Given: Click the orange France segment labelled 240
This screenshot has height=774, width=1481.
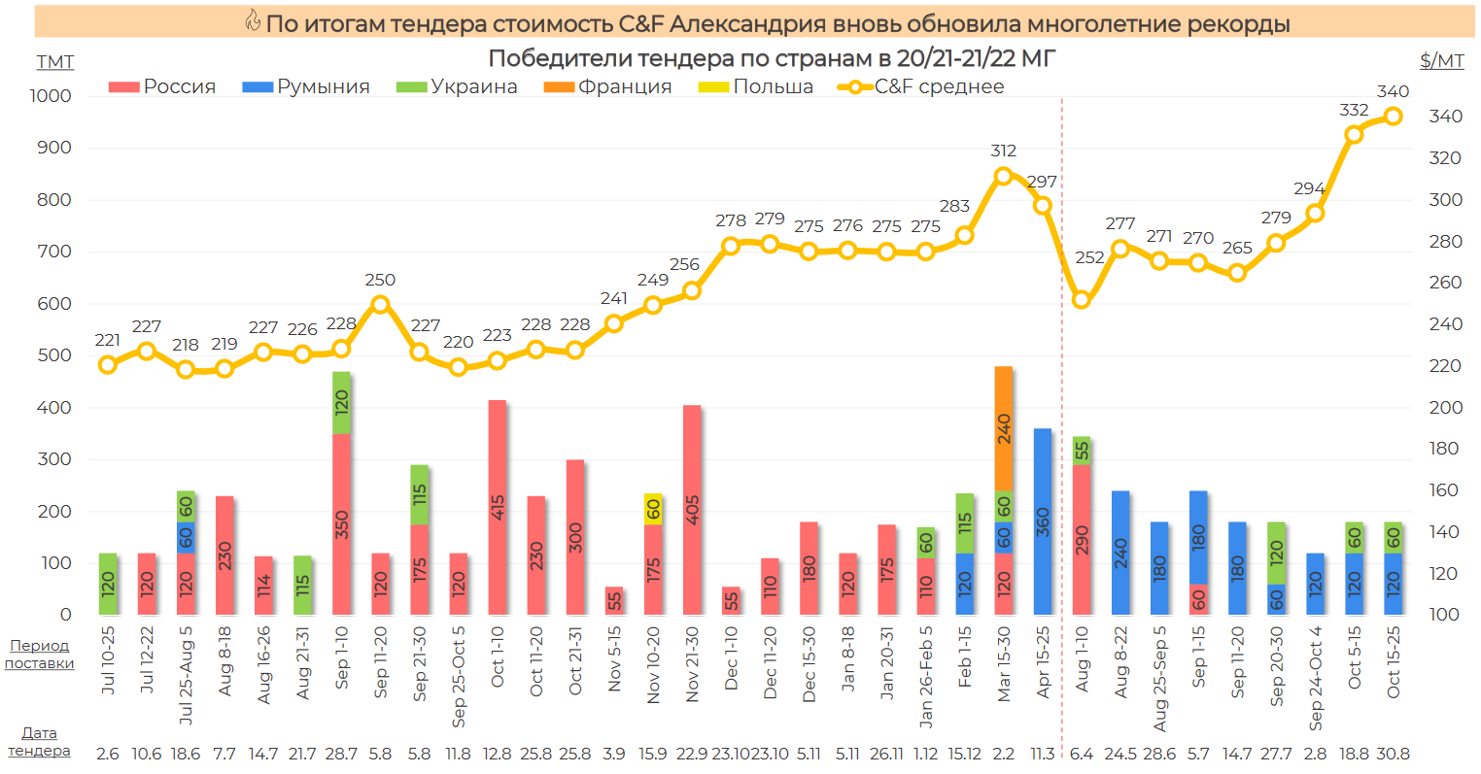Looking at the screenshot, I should click(1004, 428).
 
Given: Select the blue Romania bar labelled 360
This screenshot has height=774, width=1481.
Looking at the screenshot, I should click(1043, 522).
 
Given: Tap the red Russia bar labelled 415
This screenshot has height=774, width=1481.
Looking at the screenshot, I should click(498, 507).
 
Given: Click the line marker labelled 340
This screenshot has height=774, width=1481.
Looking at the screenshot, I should click(1393, 116).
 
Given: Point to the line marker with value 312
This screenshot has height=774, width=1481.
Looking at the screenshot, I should click(1004, 176).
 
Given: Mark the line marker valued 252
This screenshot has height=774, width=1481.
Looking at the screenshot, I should click(1082, 300).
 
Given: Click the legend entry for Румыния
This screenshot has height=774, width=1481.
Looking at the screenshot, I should click(306, 86).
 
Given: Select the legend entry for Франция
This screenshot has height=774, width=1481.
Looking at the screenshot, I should click(608, 86).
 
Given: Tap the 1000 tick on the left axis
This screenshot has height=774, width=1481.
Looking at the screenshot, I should click(51, 96).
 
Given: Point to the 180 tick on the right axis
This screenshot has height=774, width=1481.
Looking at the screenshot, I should click(1445, 449).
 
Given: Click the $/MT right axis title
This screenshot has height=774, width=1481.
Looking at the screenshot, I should click(1441, 61).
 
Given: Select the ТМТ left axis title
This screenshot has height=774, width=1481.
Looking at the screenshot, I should click(55, 62).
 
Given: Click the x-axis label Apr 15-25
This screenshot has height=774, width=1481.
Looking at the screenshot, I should click(1044, 663).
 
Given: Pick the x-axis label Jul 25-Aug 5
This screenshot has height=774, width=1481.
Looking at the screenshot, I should click(187, 676).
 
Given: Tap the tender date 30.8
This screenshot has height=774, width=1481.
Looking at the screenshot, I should click(1393, 754).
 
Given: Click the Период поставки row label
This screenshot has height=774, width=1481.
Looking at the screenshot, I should click(40, 655).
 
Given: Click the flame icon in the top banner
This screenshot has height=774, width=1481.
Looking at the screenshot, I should click(253, 21).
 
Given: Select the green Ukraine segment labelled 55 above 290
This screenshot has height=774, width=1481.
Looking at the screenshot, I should click(1082, 451).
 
